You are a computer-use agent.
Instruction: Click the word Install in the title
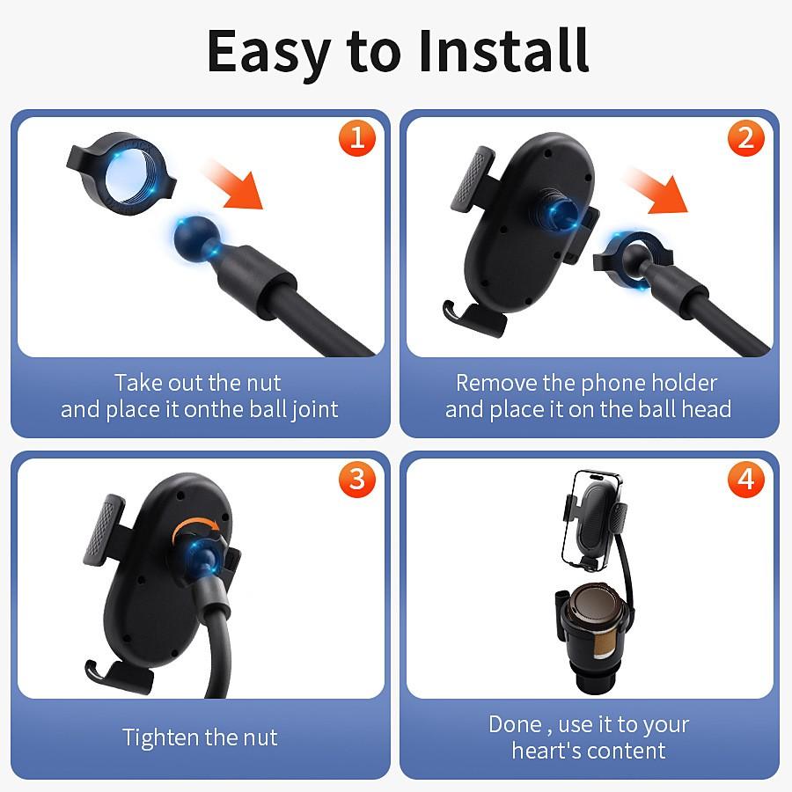[x=502, y=50]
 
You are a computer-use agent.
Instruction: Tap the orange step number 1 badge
[x=356, y=138]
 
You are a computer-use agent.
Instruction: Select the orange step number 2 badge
[x=745, y=138]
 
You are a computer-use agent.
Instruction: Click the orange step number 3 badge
[x=356, y=479]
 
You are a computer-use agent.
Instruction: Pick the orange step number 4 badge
[x=745, y=479]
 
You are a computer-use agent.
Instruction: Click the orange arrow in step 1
[x=232, y=182]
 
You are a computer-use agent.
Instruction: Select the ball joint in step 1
[x=191, y=237]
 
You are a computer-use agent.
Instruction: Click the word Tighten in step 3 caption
[x=160, y=737]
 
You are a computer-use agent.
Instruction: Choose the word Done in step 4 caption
[x=515, y=725]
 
